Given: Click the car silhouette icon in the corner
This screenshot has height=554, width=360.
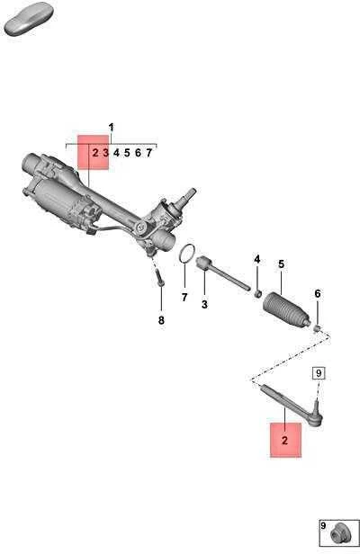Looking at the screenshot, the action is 28,19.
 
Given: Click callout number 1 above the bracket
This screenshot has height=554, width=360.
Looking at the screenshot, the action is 112,127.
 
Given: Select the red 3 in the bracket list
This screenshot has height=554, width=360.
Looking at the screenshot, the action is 105,153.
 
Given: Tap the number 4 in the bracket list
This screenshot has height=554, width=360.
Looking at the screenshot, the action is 116,153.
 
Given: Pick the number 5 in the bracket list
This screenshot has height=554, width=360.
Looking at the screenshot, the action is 127,153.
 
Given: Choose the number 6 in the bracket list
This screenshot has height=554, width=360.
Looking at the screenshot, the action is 138,153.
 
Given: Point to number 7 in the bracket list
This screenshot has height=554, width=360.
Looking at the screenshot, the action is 148,153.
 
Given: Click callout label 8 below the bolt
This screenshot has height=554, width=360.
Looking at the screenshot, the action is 161,320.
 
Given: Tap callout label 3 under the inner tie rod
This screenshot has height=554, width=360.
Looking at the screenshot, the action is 205,304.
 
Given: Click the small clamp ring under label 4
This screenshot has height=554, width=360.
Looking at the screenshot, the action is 258,293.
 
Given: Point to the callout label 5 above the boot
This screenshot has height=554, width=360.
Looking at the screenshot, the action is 281,264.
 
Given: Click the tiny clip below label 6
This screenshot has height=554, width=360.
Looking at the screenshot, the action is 317,329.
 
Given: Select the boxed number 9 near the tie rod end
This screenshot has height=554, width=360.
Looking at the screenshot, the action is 319,373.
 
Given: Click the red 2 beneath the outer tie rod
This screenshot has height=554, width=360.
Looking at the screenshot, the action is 285,441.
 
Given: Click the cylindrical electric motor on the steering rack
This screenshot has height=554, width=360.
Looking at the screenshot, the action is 59,199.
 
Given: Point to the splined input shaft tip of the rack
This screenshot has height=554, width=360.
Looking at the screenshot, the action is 192,192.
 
